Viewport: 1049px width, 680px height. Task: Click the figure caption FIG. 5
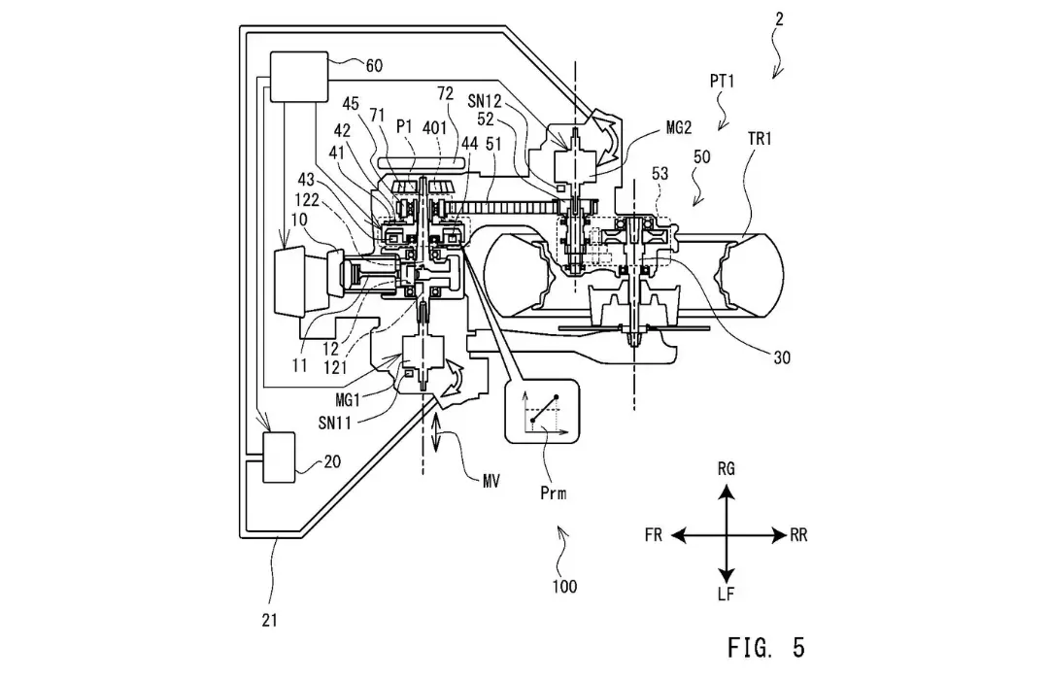pos(766,647)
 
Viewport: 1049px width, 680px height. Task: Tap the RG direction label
pos(726,468)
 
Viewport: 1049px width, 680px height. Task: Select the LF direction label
pos(726,594)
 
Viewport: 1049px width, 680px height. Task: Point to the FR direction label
pos(654,535)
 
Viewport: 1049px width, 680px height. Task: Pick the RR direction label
pos(798,535)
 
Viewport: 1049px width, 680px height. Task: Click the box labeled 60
pos(298,77)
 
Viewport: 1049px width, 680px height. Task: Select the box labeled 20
pos(279,458)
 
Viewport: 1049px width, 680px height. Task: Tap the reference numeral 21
pos(270,621)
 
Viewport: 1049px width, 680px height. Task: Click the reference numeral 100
pos(564,587)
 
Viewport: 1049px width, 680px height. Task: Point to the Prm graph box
pos(542,411)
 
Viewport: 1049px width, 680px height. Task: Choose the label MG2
pos(679,127)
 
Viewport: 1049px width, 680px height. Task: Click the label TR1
pos(760,139)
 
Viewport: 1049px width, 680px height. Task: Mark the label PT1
pos(723,82)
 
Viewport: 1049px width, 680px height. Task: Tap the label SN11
pos(335,423)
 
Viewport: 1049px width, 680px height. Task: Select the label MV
pos(491,481)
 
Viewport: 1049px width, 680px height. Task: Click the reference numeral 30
pos(781,358)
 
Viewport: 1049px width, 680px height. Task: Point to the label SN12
pos(485,101)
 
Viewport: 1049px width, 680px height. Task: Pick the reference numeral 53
pos(660,173)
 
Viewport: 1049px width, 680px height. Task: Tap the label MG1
pos(348,400)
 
